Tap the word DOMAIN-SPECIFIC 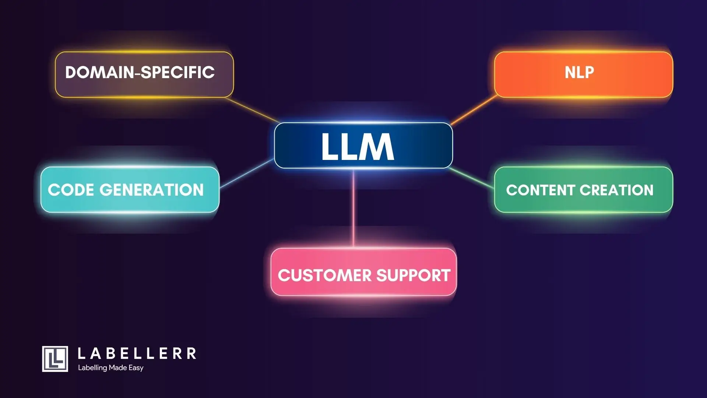[x=140, y=72]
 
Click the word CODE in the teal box [x=71, y=190]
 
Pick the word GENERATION [x=151, y=190]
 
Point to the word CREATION [x=616, y=190]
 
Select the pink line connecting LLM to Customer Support [x=353, y=208]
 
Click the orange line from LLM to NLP [x=474, y=109]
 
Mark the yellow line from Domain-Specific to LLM [x=252, y=109]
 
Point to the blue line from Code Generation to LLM [x=247, y=174]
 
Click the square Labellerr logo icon [x=55, y=359]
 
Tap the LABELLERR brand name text [x=137, y=354]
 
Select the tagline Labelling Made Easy [x=110, y=368]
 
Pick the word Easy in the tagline [x=136, y=368]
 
